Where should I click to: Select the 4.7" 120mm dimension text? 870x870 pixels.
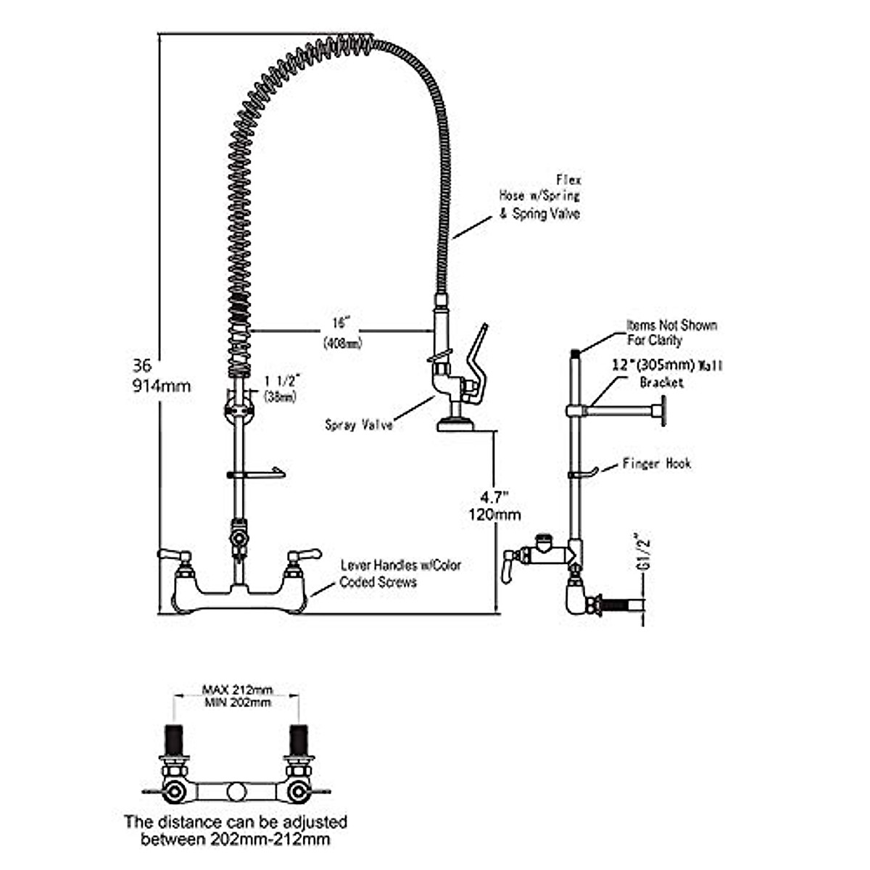[494, 505]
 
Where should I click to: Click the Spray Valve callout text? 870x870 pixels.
[359, 425]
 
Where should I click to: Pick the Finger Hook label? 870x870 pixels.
[656, 463]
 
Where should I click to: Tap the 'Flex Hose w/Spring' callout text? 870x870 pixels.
[540, 196]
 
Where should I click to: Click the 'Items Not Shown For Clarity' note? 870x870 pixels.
[671, 332]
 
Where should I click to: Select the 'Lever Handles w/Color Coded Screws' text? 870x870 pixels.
[400, 573]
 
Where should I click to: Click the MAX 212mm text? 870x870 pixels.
[236, 690]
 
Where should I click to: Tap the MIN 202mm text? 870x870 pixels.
[236, 703]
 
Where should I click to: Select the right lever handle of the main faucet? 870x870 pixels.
[302, 557]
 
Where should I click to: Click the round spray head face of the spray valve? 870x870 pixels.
[455, 426]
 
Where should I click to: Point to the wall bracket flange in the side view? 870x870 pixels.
[658, 412]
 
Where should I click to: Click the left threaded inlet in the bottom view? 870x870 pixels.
[174, 739]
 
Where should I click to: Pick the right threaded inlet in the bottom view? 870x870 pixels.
[297, 739]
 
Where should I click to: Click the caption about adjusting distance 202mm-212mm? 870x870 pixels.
[236, 831]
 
